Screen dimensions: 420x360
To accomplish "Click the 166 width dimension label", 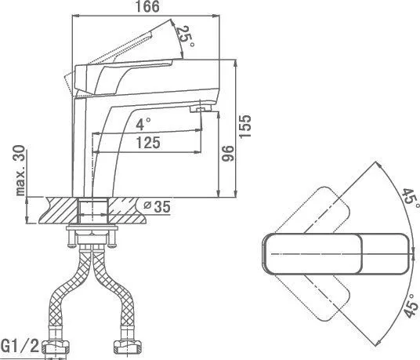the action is click(147, 6).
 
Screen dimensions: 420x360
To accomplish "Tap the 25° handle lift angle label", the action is click(185, 36).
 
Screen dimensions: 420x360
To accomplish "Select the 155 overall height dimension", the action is click(244, 126).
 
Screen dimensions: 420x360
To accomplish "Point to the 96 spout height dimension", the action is click(228, 153).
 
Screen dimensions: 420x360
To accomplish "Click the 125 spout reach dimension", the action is click(148, 142).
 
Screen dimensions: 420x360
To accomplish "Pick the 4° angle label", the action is click(143, 124).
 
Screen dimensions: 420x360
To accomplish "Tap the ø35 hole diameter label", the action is click(157, 206).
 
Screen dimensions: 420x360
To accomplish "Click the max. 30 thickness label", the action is click(20, 170).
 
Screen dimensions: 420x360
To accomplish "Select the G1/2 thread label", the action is click(20, 346).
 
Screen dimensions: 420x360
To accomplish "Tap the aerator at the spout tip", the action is click(201, 109).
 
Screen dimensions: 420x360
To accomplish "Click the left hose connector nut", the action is click(56, 347).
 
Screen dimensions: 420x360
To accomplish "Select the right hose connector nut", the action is click(127, 347).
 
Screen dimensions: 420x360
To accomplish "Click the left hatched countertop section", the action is click(59, 210).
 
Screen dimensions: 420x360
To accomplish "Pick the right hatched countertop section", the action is click(127, 210).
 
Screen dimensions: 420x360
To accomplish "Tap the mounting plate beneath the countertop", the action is click(92, 228).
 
